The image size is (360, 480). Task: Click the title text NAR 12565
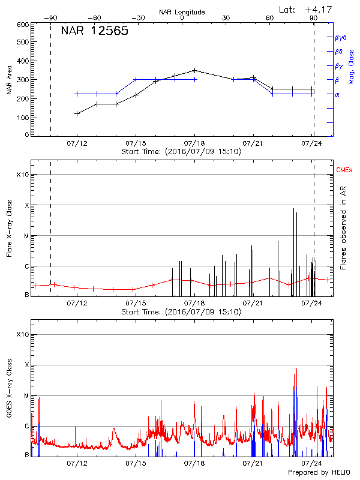tap(95, 32)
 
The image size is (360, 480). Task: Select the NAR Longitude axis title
tap(182, 11)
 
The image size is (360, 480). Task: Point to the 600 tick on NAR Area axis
tap(23, 25)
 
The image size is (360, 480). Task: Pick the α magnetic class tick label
tap(337, 94)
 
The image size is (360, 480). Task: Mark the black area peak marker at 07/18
tap(194, 70)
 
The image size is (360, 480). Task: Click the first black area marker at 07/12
tap(77, 113)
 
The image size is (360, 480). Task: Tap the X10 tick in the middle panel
tap(23, 175)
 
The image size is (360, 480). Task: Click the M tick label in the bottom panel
tap(26, 396)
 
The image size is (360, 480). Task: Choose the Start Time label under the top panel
tap(181, 152)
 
